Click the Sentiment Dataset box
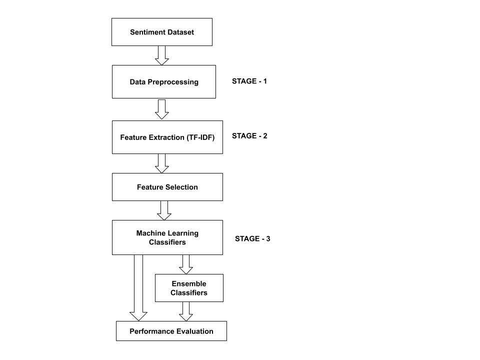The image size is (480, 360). coord(162,32)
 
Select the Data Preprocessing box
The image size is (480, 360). coord(164,81)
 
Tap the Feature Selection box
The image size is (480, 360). coord(167,187)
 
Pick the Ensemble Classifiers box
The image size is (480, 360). coord(189,288)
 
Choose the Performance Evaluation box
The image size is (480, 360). coord(171,331)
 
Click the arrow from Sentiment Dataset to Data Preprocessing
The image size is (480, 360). coord(161,55)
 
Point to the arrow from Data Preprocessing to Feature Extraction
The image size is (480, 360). coord(161,109)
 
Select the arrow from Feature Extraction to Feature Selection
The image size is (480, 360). coord(161,163)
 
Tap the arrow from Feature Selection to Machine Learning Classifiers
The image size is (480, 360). coord(164,210)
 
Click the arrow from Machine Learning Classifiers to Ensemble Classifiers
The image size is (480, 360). coord(186,264)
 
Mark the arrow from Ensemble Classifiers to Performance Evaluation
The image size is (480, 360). coord(186,311)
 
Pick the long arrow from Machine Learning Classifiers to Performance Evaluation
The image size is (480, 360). coord(138,287)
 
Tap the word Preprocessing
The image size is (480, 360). coord(173,81)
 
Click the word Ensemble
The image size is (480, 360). coord(189,283)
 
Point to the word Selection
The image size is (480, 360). coord(181,187)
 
